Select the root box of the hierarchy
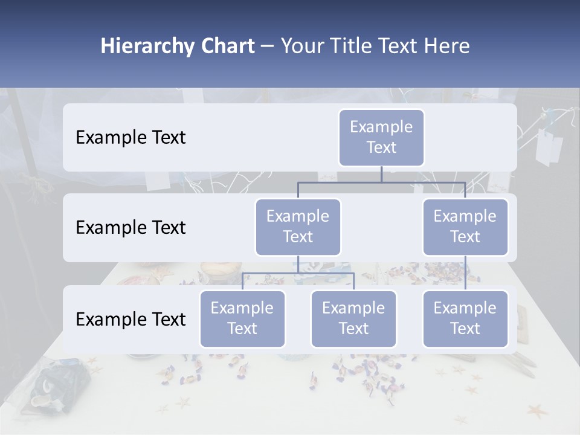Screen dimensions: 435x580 pos(381,137)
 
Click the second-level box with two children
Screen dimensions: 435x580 pos(298,227)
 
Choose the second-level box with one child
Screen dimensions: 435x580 pos(465,227)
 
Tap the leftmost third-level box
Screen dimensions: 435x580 pos(242,318)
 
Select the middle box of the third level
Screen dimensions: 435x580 pos(353,318)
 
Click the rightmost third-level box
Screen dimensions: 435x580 pos(465,318)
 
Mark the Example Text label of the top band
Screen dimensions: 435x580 pos(130,138)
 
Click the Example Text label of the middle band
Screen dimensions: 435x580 pos(130,228)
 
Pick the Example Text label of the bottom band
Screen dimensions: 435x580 pos(130,320)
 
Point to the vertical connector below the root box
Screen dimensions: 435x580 pos(381,174)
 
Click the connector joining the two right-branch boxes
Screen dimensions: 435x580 pos(465,273)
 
